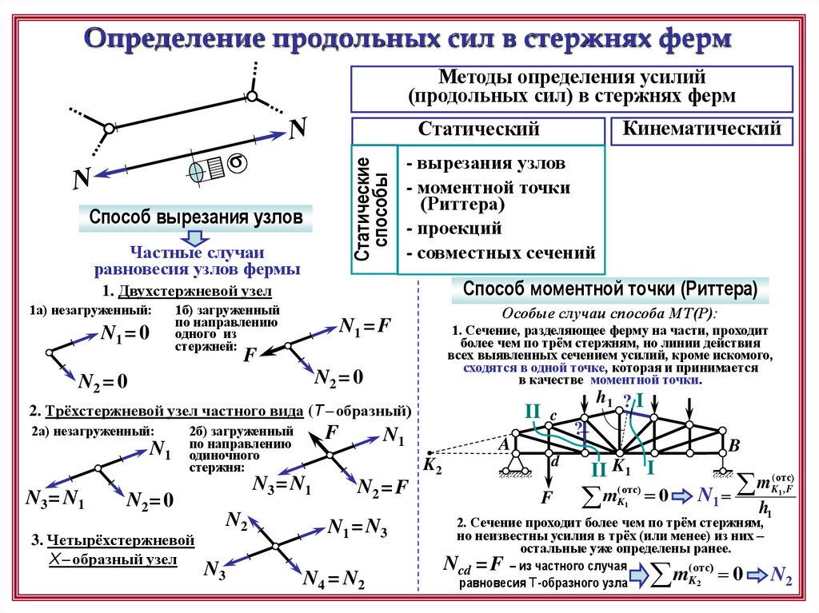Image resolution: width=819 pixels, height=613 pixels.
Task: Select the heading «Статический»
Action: click(478, 129)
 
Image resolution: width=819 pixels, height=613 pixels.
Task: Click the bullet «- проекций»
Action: click(453, 229)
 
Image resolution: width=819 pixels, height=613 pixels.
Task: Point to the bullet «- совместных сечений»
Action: click(501, 253)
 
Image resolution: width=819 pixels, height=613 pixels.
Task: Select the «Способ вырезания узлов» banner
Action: click(196, 217)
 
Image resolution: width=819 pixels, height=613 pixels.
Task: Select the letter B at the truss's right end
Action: click(735, 445)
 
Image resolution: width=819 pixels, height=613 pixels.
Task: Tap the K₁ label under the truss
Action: click(621, 468)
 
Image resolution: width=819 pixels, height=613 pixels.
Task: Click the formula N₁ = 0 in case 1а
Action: click(125, 333)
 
